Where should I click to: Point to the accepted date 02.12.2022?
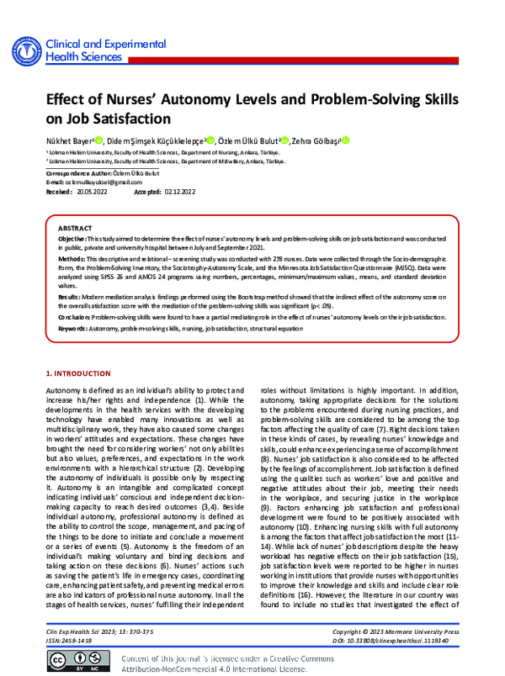tap(179, 192)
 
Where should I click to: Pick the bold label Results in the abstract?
tap(70, 298)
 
